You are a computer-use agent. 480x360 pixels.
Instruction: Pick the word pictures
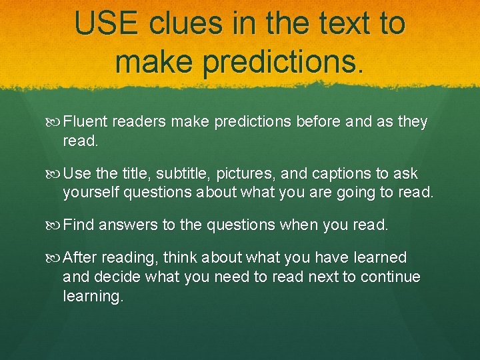point(247,174)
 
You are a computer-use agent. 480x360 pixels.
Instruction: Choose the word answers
point(126,225)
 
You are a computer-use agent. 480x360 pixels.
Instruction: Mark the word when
point(299,225)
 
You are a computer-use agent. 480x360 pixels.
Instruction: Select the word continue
point(391,277)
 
